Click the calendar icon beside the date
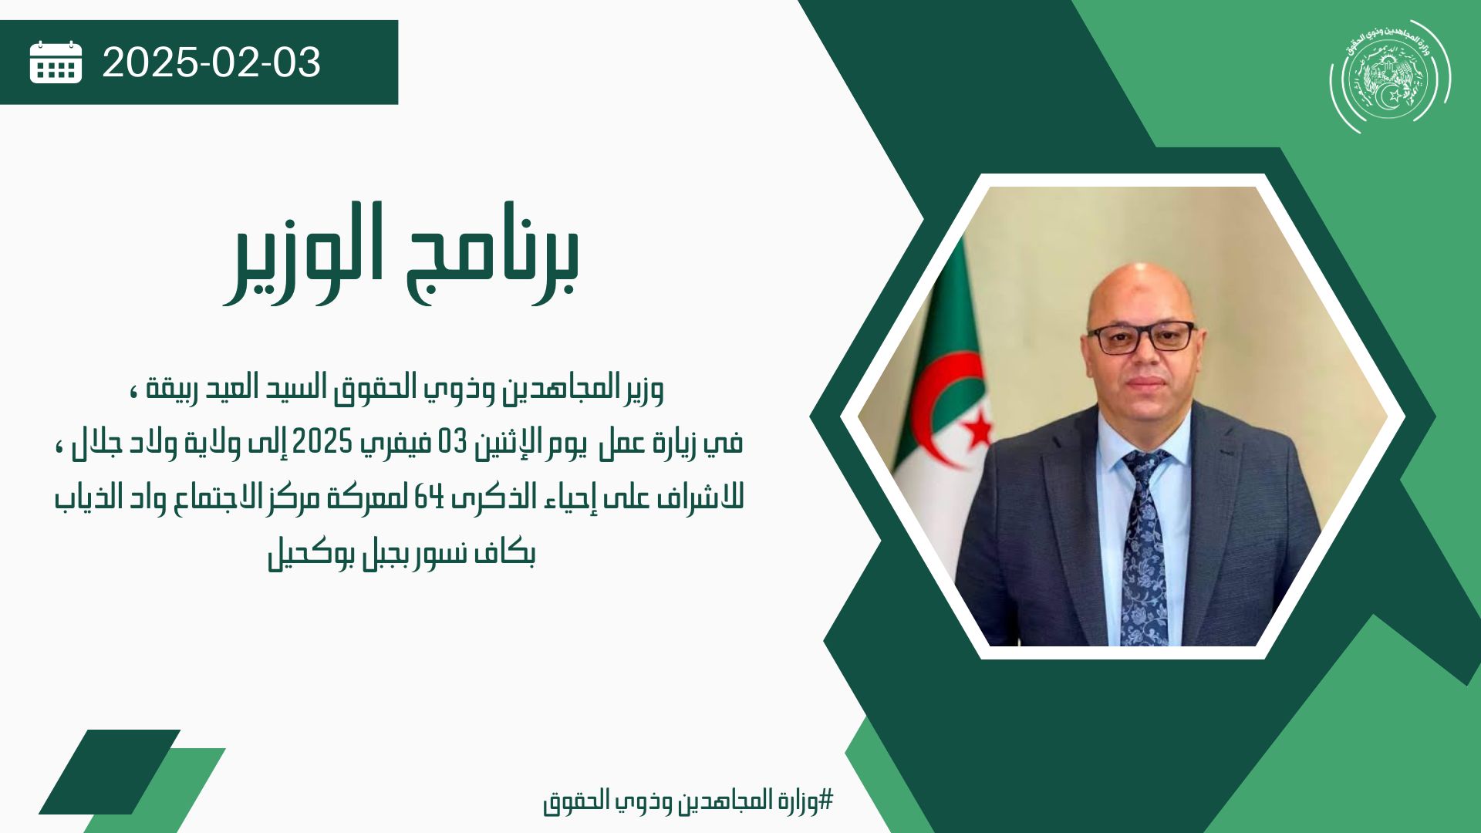point(56,62)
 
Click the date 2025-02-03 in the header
point(211,62)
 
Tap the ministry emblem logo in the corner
point(1390,76)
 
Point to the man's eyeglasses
point(1141,338)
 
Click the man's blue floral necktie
point(1144,548)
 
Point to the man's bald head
point(1140,293)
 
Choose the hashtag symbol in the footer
point(826,800)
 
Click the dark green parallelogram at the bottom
point(110,771)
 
